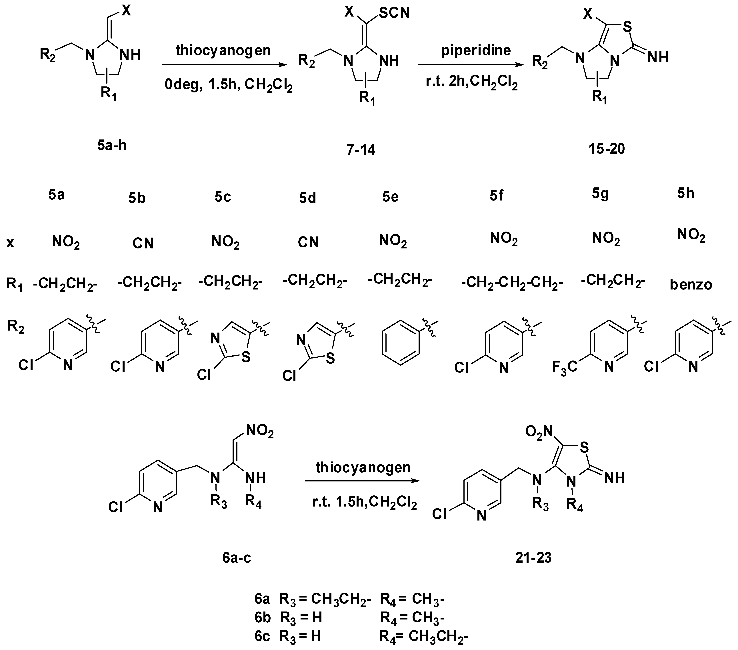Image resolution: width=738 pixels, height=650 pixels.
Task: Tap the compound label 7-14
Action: pyautogui.click(x=361, y=149)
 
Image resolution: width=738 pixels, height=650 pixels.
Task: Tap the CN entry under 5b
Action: pyautogui.click(x=143, y=244)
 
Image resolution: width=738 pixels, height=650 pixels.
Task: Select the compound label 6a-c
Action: pyautogui.click(x=237, y=558)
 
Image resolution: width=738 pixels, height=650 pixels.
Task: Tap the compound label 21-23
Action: pyautogui.click(x=534, y=558)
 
